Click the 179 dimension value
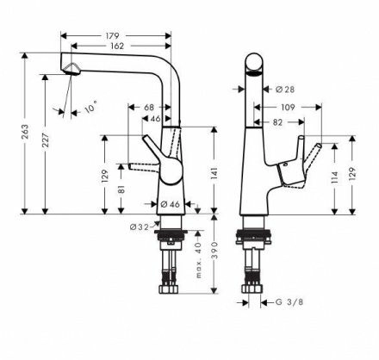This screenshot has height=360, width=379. coord(112,36)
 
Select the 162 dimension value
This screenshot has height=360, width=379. coord(117,46)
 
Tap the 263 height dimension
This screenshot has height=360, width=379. coord(25,132)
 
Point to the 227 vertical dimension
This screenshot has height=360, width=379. coord(46,140)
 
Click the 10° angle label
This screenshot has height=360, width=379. coord(91,107)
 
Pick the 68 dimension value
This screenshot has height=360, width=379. coord(149,108)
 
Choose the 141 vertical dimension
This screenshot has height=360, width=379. coord(214,173)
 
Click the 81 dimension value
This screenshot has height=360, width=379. coord(121,189)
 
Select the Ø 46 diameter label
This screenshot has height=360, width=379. coord(170,204)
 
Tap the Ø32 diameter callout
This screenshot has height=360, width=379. coord(140,227)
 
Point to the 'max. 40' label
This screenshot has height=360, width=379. coord(198,260)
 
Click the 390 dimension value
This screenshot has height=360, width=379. coord(214,251)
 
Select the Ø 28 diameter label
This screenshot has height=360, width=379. coord(285,90)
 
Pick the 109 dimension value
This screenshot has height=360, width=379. coord(288,108)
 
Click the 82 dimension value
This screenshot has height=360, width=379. coord(277,122)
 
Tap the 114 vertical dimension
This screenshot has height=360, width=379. coord(334,177)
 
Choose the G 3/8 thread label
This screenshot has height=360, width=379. coord(289,302)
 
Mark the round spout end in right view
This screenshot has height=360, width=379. coord(254,62)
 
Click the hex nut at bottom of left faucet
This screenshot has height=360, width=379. coord(169,289)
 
